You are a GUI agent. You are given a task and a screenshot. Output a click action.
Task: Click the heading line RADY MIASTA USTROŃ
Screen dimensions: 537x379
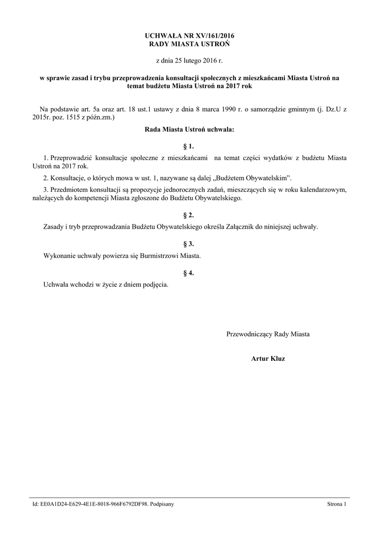click(x=189, y=44)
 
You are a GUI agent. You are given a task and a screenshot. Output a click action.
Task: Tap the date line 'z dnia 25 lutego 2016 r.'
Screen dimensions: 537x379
click(x=189, y=61)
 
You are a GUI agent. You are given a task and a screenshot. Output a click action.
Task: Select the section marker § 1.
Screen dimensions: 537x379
click(x=189, y=146)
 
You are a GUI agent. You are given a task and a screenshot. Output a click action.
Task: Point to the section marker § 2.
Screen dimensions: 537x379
click(x=189, y=216)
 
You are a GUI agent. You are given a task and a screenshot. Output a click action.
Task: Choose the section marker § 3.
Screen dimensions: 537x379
click(x=189, y=244)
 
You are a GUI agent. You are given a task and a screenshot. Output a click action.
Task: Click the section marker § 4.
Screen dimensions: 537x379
click(x=189, y=273)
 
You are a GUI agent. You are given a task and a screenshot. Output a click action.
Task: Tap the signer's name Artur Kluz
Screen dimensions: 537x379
click(x=268, y=359)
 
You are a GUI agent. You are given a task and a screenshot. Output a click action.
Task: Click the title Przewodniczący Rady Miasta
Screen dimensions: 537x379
click(x=268, y=334)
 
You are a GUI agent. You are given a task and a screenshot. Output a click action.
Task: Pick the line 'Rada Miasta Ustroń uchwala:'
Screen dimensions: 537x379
click(x=189, y=129)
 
